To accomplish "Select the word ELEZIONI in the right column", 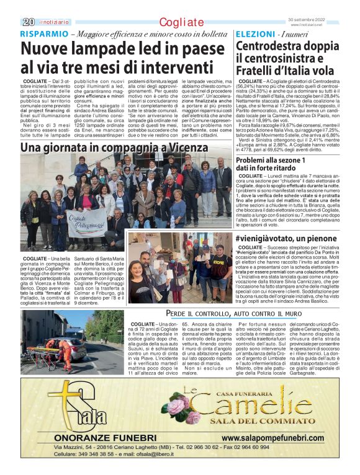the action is click(255, 33).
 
